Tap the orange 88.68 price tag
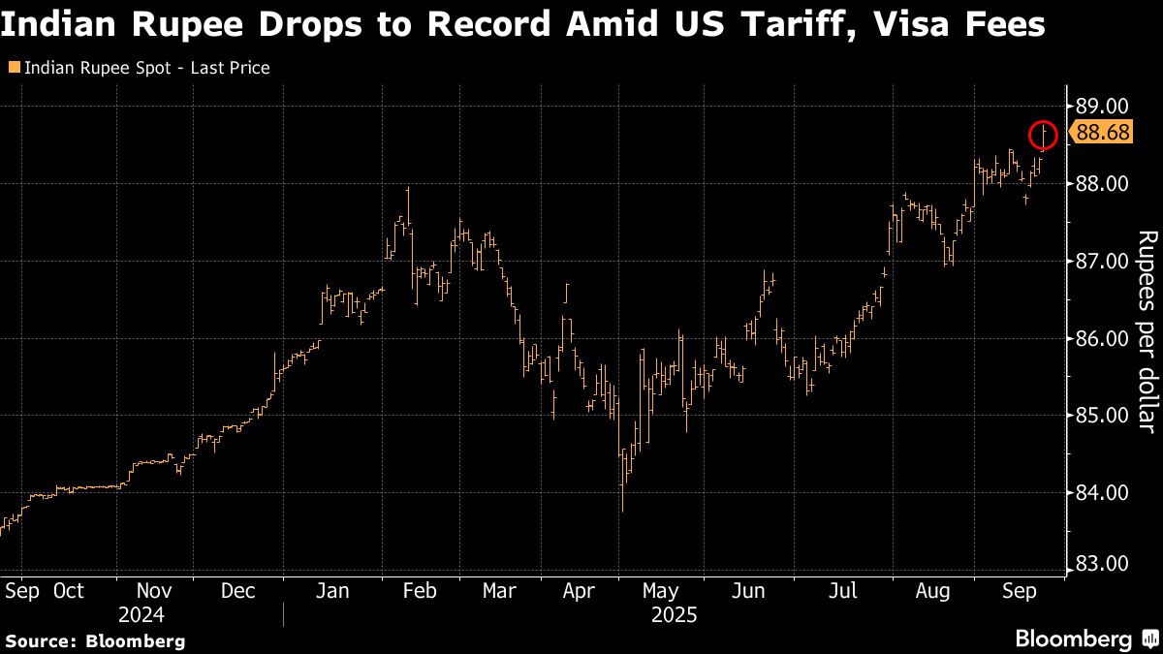[x=1102, y=133]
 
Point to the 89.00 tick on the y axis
[x=1103, y=106]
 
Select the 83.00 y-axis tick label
[x=1103, y=564]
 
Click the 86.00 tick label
[x=1103, y=338]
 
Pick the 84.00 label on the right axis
[x=1103, y=492]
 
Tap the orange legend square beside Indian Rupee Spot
[x=13, y=68]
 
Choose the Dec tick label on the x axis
[x=237, y=591]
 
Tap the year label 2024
[x=141, y=615]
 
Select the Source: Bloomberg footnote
[x=96, y=640]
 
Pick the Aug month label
[x=932, y=591]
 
